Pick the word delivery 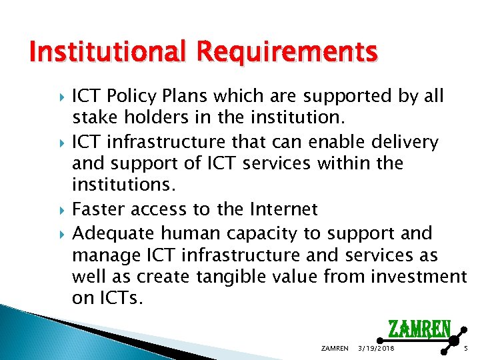coord(407,142)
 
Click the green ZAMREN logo coord(419,328)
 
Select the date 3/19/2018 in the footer coord(376,349)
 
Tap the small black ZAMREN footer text coord(334,349)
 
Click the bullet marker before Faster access coord(63,211)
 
